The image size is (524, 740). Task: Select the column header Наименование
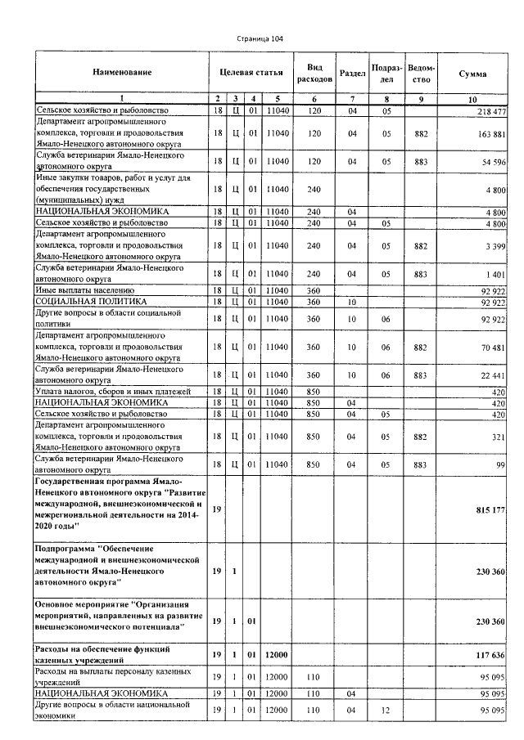122,74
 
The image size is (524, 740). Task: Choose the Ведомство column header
421,74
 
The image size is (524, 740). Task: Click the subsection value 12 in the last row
385,710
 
